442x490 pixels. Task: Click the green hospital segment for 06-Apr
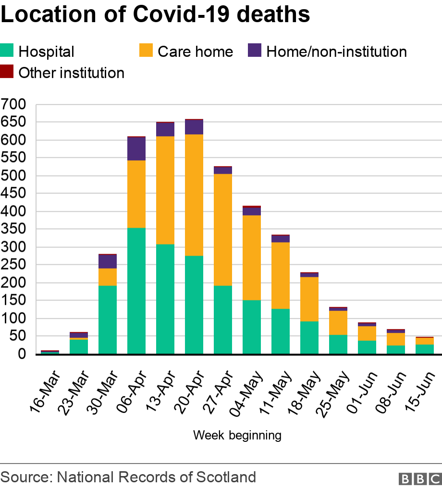click(136, 291)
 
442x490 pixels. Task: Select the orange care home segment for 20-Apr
click(194, 195)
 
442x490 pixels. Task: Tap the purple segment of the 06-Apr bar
click(136, 149)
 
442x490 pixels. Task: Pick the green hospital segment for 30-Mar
click(108, 320)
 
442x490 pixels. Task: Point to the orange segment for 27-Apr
click(223, 230)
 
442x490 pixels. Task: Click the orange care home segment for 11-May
click(281, 276)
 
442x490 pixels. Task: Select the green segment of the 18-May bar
click(309, 337)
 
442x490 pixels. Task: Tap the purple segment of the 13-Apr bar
click(165, 129)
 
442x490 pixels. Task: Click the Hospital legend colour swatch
click(7, 51)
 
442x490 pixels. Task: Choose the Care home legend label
click(195, 52)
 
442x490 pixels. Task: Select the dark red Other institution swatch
click(7, 71)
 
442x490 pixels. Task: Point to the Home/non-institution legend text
click(337, 52)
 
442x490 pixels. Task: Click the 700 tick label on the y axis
click(13, 104)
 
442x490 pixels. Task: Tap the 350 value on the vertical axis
click(13, 229)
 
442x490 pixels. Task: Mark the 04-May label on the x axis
click(246, 394)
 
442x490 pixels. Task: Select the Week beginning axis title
click(237, 435)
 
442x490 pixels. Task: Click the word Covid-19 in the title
click(182, 14)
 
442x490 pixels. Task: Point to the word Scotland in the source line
click(226, 477)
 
